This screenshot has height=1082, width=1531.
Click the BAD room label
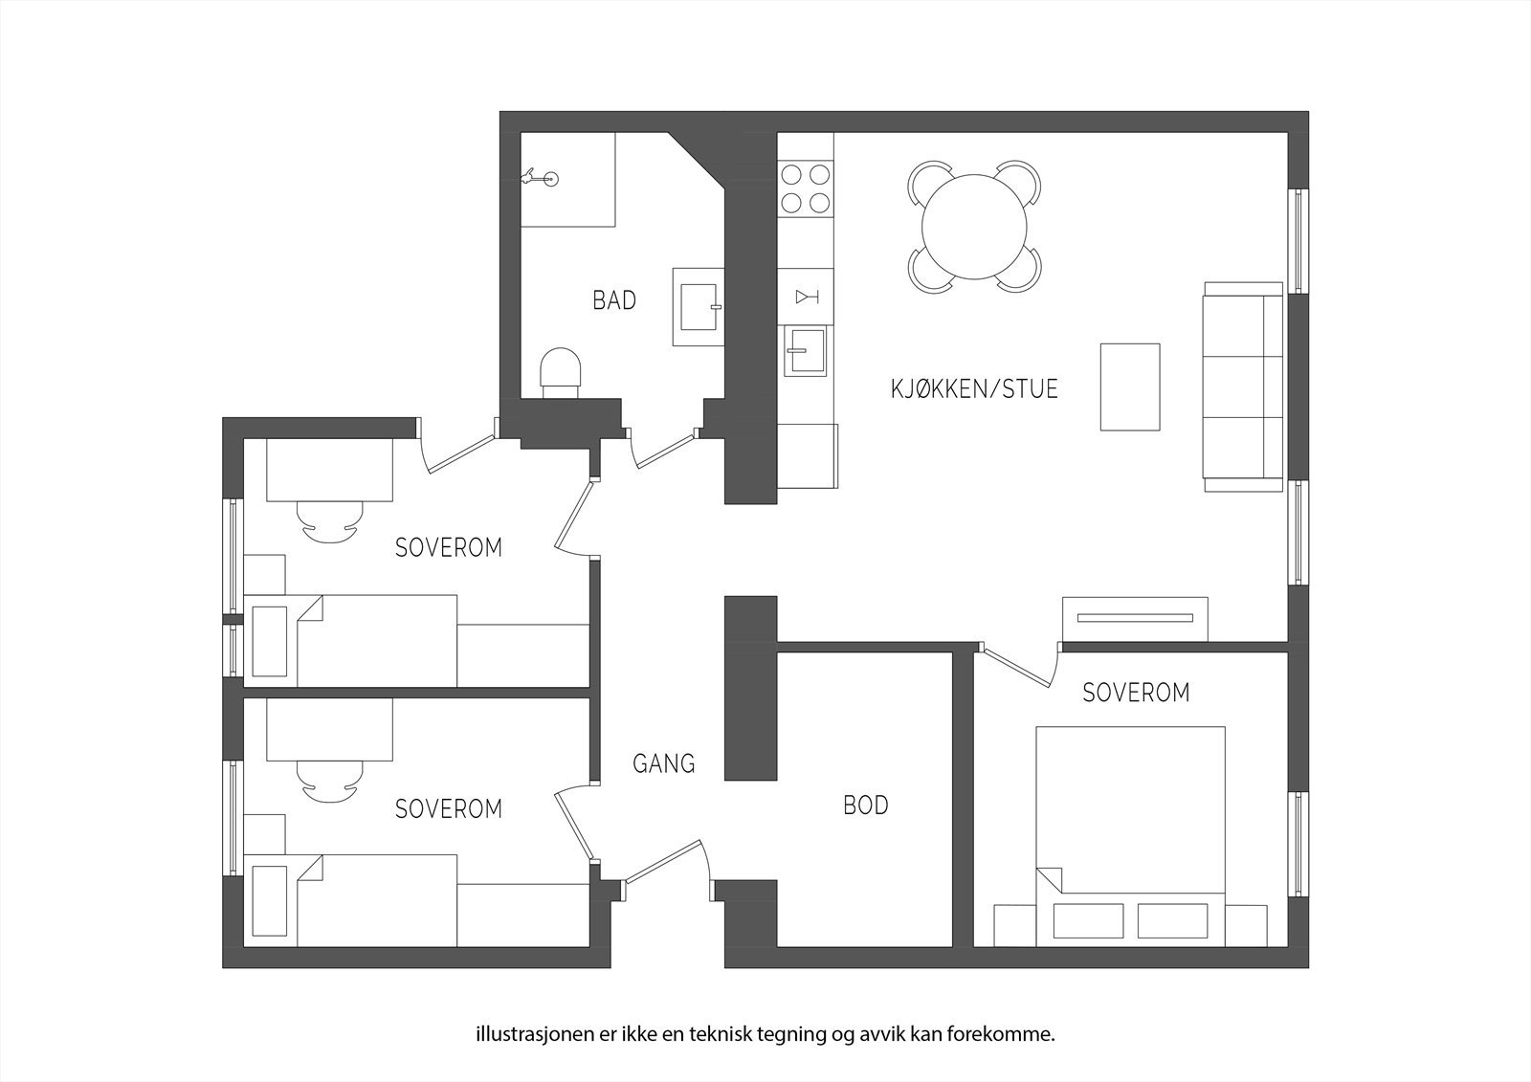[614, 300]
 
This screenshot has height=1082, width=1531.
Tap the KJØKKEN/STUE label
[974, 389]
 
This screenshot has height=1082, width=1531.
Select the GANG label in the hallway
[663, 763]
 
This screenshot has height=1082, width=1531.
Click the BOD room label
[865, 806]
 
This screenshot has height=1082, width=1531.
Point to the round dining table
[973, 228]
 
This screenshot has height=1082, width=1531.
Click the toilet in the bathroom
[561, 371]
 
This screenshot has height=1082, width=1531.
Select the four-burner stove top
[805, 188]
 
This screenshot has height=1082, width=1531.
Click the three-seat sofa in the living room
[1242, 386]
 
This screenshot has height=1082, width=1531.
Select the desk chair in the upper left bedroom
[329, 521]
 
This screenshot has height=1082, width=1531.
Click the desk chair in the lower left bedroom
[329, 781]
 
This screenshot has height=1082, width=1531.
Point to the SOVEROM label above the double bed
[1136, 693]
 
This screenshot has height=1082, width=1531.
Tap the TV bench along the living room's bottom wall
[1134, 618]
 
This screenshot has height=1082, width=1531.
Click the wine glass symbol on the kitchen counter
[805, 297]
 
